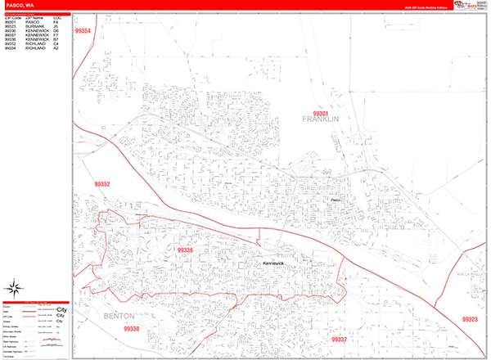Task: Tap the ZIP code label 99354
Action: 83,31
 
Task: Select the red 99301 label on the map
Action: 321,114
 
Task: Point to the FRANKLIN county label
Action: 321,121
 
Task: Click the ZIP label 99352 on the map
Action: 101,184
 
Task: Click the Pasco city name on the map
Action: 335,198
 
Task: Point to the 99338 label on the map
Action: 132,329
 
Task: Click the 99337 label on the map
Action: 339,339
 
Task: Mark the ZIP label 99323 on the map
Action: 469,319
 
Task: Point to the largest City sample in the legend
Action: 61,309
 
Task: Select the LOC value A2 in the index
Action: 56,48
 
